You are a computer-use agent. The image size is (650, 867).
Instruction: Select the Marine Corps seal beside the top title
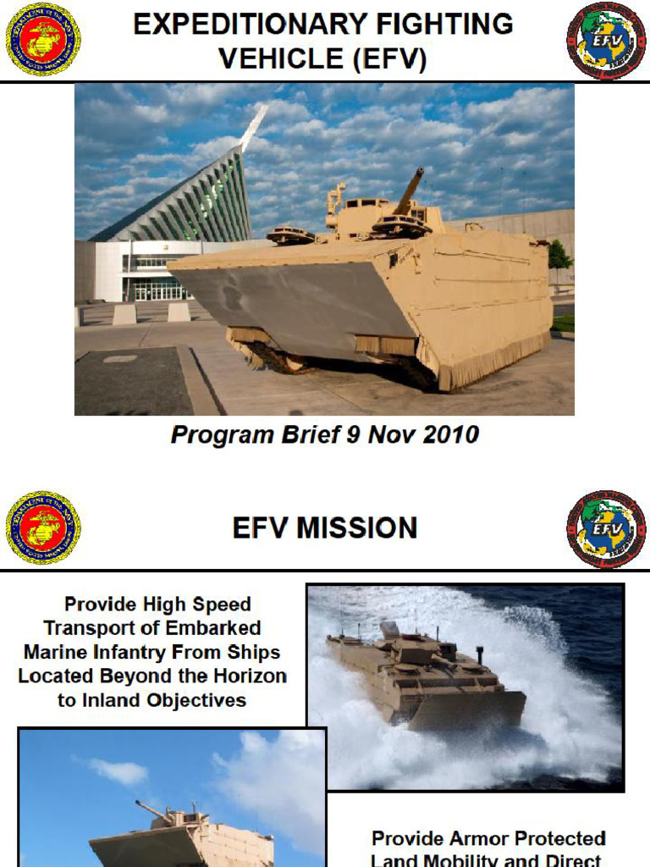(43, 39)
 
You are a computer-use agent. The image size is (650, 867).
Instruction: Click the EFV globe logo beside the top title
(605, 41)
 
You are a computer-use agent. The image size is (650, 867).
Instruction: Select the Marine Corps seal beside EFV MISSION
(43, 527)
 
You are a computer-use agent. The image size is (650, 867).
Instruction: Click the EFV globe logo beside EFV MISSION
(605, 528)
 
